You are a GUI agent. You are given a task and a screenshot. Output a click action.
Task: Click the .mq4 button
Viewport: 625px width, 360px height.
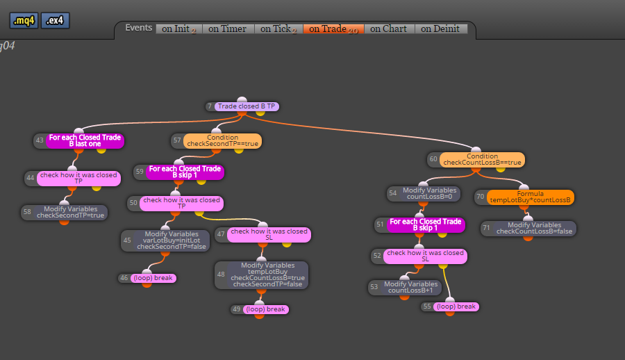(24, 20)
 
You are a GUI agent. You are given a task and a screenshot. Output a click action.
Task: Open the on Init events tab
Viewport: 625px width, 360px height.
(179, 28)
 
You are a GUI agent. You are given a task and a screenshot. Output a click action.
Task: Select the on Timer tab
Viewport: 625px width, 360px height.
(228, 28)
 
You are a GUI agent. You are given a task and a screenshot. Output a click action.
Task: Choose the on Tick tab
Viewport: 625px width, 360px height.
(278, 28)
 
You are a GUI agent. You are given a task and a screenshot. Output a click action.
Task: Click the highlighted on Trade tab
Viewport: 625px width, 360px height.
(333, 28)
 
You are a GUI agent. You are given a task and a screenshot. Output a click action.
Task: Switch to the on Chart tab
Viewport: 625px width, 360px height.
(389, 28)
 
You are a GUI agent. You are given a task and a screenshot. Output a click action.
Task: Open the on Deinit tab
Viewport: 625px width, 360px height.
(441, 28)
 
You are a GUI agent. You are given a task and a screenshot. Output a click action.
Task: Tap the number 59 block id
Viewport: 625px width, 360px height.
(140, 172)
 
